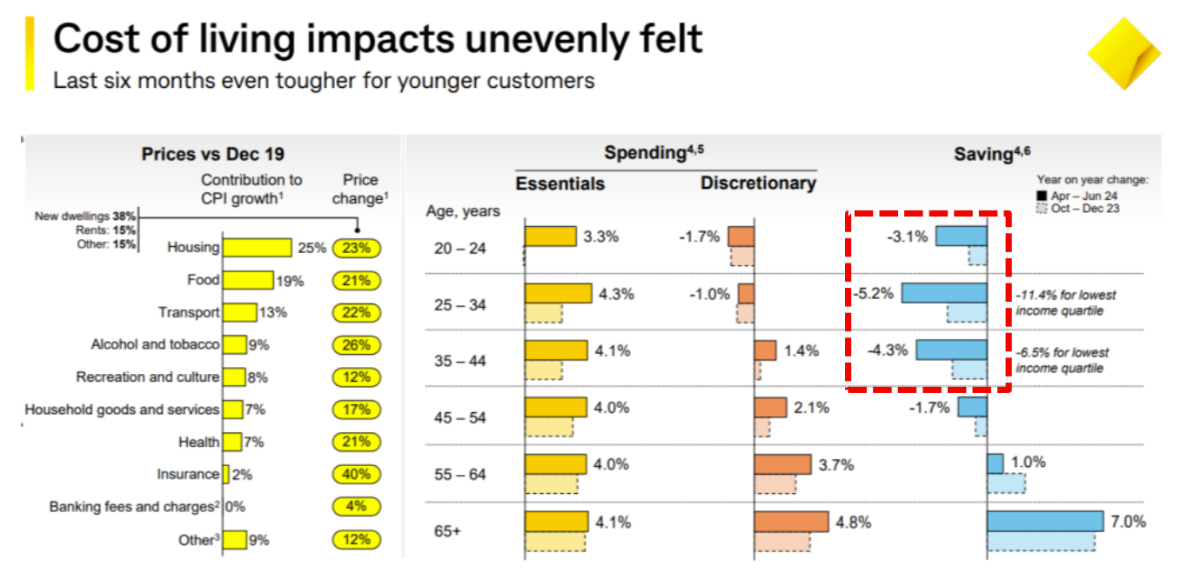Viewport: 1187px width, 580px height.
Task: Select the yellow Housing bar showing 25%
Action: (x=257, y=248)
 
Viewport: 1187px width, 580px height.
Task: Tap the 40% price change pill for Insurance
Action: (x=356, y=475)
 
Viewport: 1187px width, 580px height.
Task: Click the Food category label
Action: (x=203, y=280)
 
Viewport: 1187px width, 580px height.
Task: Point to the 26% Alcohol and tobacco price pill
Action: (x=356, y=345)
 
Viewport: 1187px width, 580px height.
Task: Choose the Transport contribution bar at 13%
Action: (x=239, y=313)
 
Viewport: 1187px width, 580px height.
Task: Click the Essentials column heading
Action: (x=560, y=183)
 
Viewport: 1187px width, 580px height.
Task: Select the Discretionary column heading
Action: (x=758, y=183)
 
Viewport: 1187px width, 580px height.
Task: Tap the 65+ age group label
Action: (x=447, y=529)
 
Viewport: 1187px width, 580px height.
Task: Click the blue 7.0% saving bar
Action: (x=1045, y=522)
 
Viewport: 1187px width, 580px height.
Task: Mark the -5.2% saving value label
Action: (x=874, y=294)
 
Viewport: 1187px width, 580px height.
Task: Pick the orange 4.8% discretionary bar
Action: (x=791, y=522)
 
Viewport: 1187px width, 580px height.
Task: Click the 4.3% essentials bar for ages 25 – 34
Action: (x=558, y=293)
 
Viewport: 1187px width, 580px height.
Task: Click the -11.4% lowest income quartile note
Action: (x=1065, y=303)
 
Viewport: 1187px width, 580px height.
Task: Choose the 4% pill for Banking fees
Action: (x=356, y=507)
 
